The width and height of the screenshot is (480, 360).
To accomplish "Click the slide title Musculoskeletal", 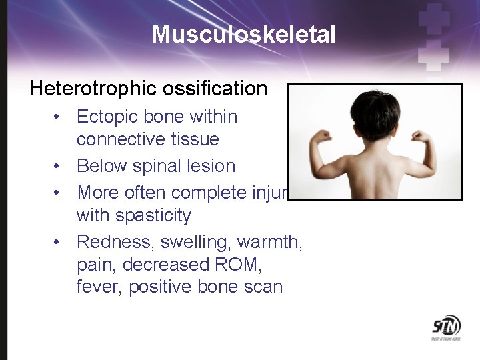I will pyautogui.click(x=243, y=34).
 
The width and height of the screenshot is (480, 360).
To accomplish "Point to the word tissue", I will pyautogui.click(x=195, y=139).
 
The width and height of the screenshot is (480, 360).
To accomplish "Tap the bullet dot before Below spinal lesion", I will pyautogui.click(x=59, y=167).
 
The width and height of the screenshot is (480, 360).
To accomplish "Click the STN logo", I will pyautogui.click(x=445, y=327).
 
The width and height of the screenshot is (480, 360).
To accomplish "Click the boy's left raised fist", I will pyautogui.click(x=323, y=137).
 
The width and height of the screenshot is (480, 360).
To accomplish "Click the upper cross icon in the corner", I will pyautogui.click(x=435, y=17).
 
